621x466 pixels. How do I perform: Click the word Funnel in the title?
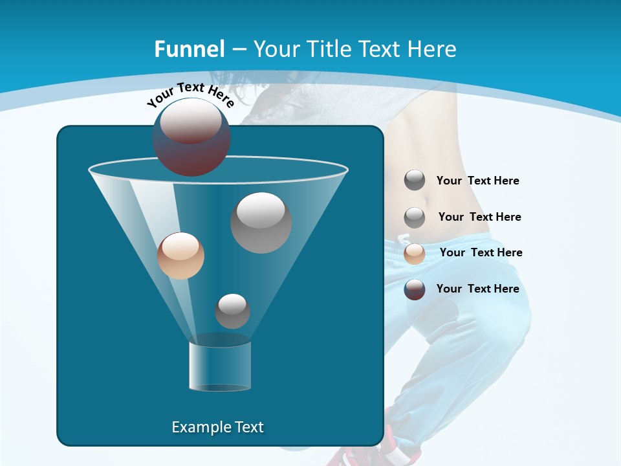(189, 49)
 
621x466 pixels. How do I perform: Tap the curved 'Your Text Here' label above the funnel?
(190, 94)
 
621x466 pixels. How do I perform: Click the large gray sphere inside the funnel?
(261, 222)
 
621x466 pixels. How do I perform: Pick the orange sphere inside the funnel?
(180, 256)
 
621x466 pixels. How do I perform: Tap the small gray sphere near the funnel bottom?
(232, 311)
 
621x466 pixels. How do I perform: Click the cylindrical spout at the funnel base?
(219, 366)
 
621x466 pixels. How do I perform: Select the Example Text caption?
(217, 427)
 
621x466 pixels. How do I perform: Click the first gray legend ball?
(415, 181)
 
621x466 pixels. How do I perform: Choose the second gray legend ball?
(415, 217)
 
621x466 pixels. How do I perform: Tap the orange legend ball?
(415, 254)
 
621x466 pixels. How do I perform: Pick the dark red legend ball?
(415, 289)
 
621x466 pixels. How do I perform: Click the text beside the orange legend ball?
(481, 252)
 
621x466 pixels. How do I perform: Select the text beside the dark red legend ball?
(477, 289)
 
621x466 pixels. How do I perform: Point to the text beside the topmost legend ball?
(477, 181)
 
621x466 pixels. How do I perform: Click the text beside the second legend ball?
(479, 217)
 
